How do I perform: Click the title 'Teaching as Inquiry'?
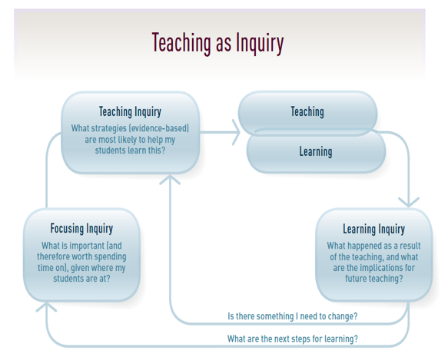click(217, 44)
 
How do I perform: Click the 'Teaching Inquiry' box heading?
click(130, 111)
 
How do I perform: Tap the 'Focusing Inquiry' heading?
click(81, 229)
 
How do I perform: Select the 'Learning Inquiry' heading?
click(374, 229)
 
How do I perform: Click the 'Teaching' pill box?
click(307, 113)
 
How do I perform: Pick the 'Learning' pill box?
click(316, 152)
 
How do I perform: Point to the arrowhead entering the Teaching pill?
click(236, 132)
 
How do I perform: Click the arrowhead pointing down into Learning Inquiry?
click(409, 202)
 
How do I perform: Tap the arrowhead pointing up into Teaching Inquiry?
click(170, 180)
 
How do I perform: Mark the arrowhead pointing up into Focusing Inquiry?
click(46, 307)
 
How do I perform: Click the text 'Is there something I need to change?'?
click(293, 316)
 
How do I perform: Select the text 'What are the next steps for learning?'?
click(293, 339)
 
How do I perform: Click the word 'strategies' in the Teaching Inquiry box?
click(108, 128)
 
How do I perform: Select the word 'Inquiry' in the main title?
click(260, 44)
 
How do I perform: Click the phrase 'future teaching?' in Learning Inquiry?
click(374, 279)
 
